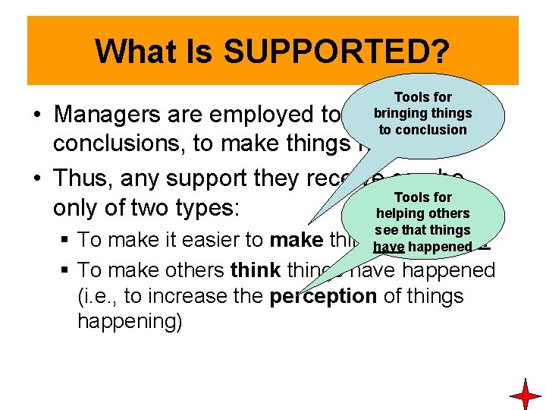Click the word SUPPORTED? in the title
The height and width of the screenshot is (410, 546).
tap(338, 52)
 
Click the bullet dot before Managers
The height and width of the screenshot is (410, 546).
tap(36, 115)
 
